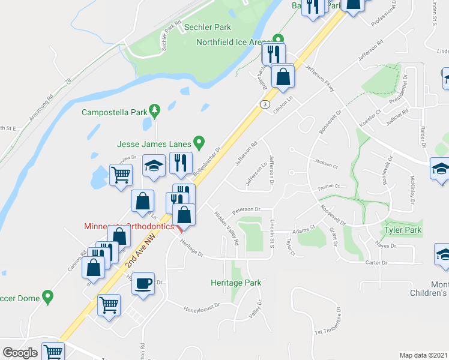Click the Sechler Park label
click(207, 28)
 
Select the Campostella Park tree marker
click(155, 109)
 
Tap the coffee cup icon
click(143, 283)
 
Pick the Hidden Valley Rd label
click(228, 227)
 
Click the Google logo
click(20, 353)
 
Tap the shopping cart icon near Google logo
click(53, 352)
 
